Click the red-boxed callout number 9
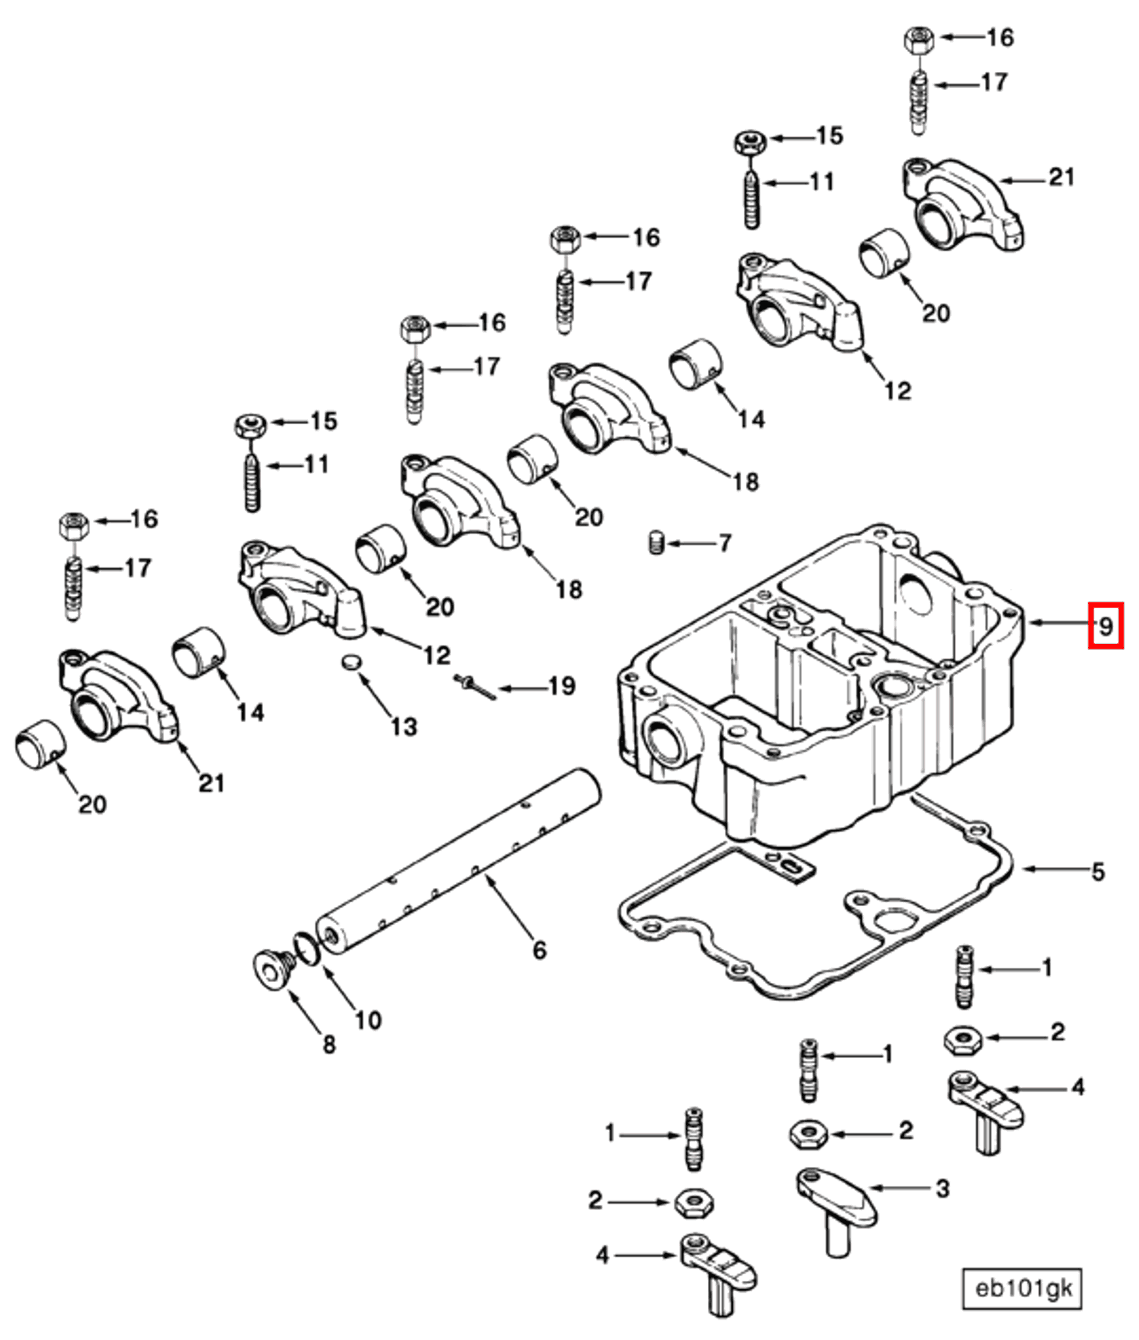coord(1105,625)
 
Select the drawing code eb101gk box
coord(1022,1287)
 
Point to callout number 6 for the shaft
coord(539,950)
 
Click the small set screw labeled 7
coord(655,543)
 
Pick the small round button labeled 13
coord(351,662)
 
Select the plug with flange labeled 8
coord(272,970)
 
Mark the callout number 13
coord(403,727)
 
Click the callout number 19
coord(561,687)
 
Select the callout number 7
coord(725,543)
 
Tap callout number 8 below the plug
coord(329,1044)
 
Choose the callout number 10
coord(368,1019)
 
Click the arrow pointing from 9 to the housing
coord(1058,623)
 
